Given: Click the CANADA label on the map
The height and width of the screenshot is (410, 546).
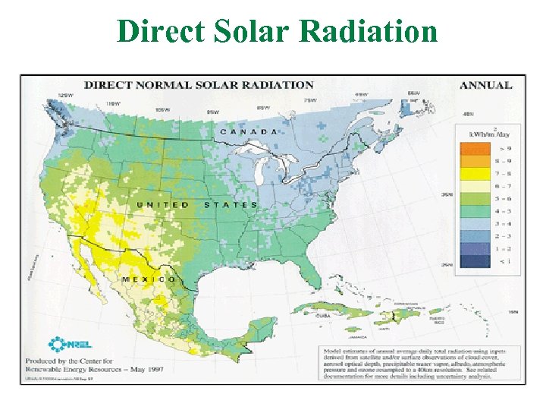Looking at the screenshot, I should point(248,131).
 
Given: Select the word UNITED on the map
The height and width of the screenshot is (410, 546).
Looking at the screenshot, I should point(163,205).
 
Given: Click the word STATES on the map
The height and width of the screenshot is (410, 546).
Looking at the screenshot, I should point(231,205).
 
